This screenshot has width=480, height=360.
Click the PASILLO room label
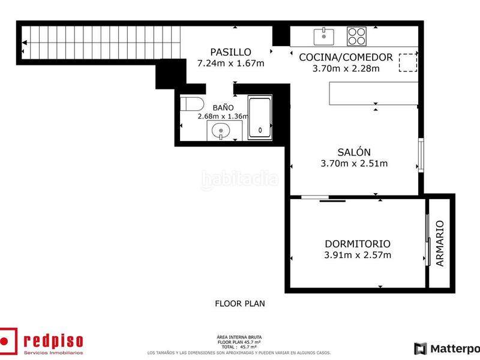(230, 52)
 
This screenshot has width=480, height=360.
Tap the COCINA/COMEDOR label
(346, 58)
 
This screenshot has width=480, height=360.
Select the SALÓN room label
(354, 152)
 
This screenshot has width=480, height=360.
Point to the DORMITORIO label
(357, 244)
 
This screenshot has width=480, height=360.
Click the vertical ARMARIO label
(440, 244)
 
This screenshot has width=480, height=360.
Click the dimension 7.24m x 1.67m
(230, 63)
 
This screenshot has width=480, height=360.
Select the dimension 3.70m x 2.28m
(346, 68)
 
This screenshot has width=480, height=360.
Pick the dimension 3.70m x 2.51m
(354, 163)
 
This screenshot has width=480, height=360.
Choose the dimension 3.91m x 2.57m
(357, 255)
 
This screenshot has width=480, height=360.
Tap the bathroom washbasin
(221, 130)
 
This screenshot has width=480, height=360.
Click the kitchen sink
(324, 36)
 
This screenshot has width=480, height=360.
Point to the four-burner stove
(356, 36)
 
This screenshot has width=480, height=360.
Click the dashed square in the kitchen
(408, 62)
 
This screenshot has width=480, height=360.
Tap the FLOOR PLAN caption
(240, 304)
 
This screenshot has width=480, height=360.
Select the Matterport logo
(447, 348)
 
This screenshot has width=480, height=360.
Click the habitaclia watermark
(240, 178)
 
